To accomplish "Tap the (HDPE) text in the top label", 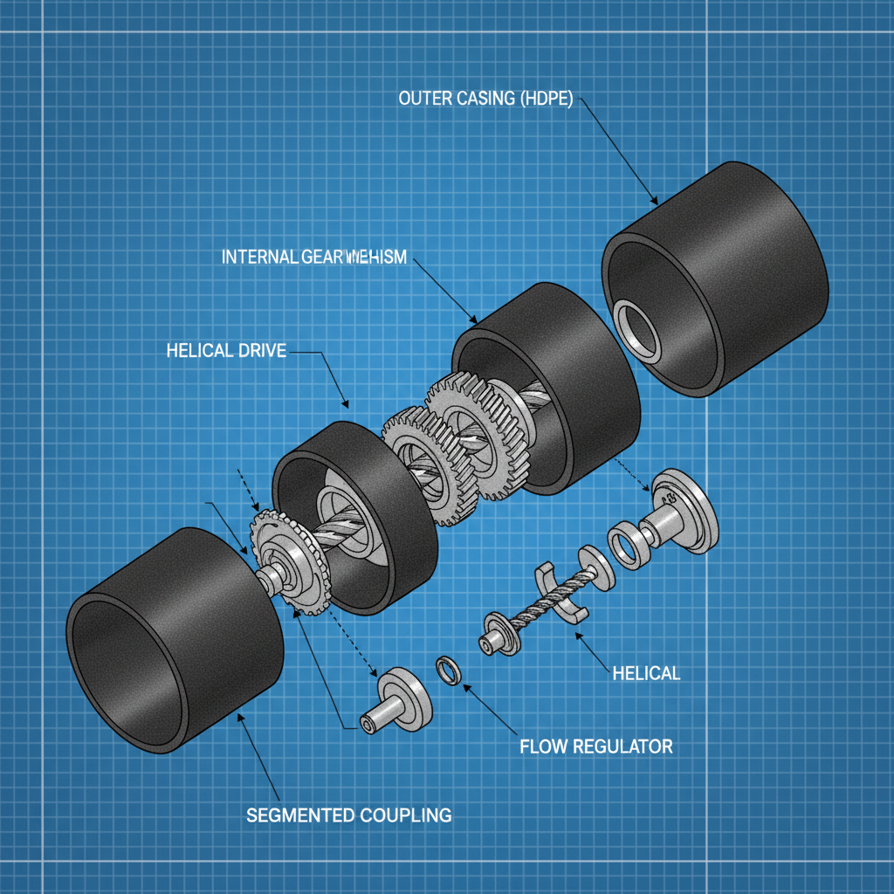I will pyautogui.click(x=546, y=99).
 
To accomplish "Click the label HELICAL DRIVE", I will pyautogui.click(x=225, y=351).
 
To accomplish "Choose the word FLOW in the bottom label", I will pyautogui.click(x=541, y=746).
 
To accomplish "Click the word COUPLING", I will pyautogui.click(x=405, y=815).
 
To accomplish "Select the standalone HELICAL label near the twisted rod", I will pyautogui.click(x=646, y=673).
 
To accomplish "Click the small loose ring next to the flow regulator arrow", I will pyautogui.click(x=448, y=671).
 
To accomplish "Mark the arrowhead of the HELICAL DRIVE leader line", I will pyautogui.click(x=345, y=403).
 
